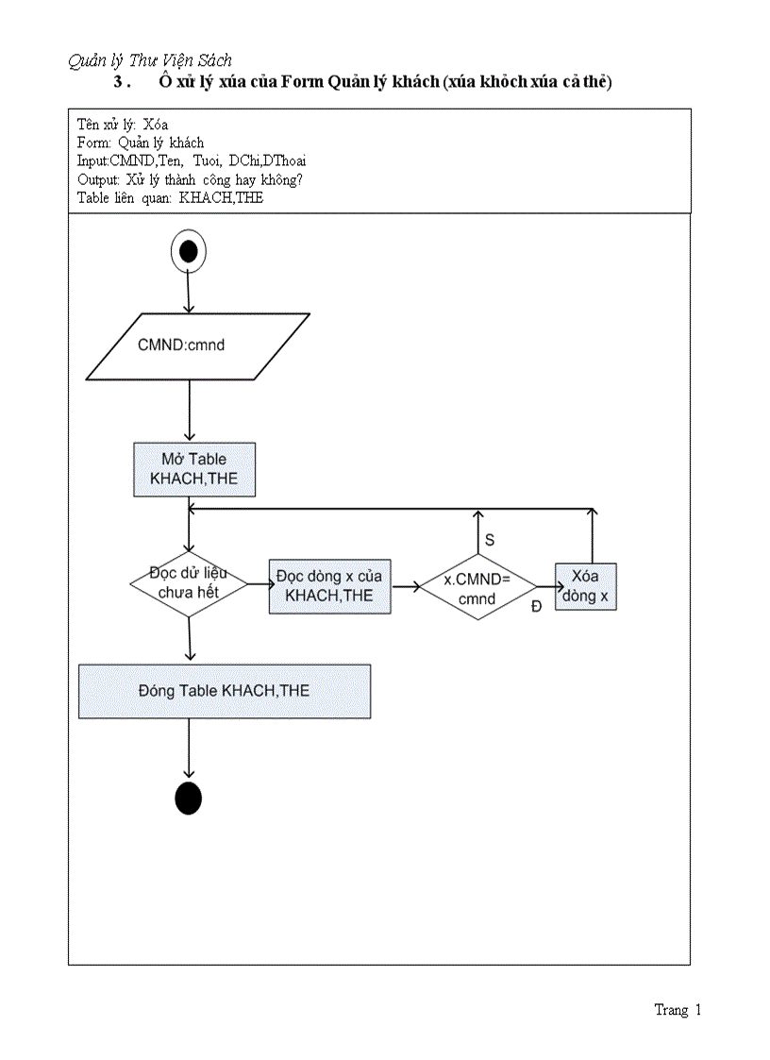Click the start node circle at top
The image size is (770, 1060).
click(x=188, y=251)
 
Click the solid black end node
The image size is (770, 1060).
click(x=189, y=798)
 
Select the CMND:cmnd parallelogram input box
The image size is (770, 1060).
click(x=197, y=345)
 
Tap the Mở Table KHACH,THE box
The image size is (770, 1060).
click(x=193, y=468)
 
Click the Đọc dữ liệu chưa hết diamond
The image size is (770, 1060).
click(x=189, y=583)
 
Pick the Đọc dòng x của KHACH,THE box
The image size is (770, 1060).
click(x=329, y=586)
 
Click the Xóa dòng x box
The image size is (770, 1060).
click(x=585, y=586)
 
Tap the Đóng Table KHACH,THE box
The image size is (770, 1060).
click(x=224, y=691)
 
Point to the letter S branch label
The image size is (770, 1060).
click(x=490, y=540)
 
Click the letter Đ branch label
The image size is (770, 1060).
click(x=536, y=607)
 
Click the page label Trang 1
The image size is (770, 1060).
click(x=678, y=1010)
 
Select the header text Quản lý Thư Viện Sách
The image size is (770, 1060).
click(x=150, y=60)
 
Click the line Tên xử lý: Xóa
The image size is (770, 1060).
click(x=123, y=125)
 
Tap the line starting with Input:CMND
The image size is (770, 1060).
click(x=192, y=161)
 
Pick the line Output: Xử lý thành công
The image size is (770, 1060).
click(x=190, y=179)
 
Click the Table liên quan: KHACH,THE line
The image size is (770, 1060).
click(x=170, y=198)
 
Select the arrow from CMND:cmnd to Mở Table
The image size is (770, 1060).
click(x=190, y=411)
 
